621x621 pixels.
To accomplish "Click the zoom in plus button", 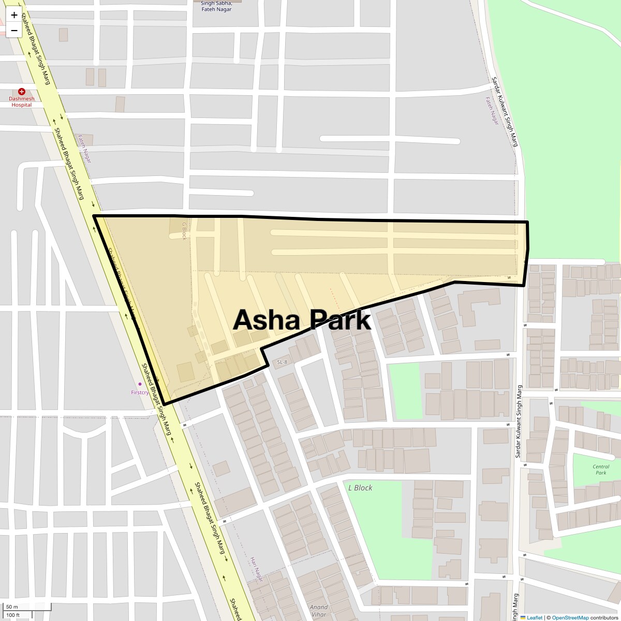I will [14, 15].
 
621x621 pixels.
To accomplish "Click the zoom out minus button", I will [14, 30].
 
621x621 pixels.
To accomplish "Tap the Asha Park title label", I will [302, 320].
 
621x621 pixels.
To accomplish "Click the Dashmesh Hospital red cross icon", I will [21, 91].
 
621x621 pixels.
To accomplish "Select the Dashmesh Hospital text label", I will [22, 101].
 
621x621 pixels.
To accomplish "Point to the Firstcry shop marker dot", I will [139, 384].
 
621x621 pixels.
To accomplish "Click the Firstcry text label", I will [140, 392].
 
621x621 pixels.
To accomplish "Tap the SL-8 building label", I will [282, 362].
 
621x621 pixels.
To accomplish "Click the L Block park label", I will [360, 487].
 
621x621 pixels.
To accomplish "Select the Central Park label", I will [601, 469].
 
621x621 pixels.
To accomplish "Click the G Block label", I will [184, 231].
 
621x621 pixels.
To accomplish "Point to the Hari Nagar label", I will [257, 569].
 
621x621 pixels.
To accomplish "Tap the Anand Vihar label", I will [319, 611].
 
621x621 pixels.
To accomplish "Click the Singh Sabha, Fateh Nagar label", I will [216, 6].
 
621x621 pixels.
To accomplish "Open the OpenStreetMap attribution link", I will [570, 617].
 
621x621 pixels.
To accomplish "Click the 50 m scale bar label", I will [12, 607].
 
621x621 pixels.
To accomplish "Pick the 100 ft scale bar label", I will [13, 615].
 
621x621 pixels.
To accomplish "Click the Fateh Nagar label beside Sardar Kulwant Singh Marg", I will [492, 111].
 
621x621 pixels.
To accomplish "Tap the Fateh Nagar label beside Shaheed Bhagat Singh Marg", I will [84, 149].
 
